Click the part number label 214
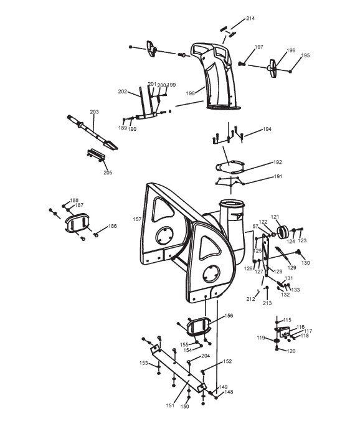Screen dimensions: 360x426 point(250,18)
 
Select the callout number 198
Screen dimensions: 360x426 point(190,93)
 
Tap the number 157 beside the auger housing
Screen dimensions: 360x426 point(137,219)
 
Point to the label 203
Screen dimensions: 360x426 point(94,111)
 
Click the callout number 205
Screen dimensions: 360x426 point(108,173)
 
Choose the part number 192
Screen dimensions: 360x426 point(277,162)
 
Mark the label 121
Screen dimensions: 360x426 point(275,217)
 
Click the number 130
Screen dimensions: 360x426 point(305,263)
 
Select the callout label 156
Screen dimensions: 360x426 point(229,316)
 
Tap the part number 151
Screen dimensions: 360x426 point(170,405)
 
